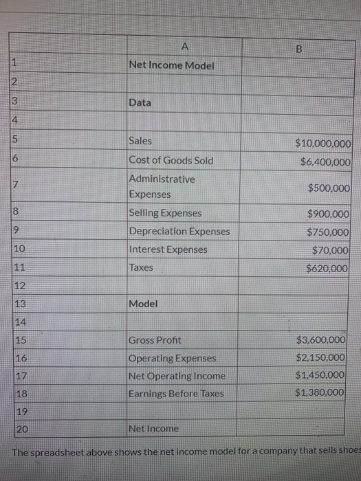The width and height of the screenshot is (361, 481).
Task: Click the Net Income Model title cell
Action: [x=171, y=65]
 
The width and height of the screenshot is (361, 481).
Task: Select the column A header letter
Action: [x=184, y=47]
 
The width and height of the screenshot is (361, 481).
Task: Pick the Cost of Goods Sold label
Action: [x=171, y=161]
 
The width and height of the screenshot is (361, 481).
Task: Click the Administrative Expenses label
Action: [x=162, y=186]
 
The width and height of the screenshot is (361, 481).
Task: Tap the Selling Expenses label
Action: [x=165, y=213]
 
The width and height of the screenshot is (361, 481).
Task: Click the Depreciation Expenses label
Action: [x=179, y=232]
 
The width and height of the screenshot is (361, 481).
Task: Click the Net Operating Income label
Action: [x=177, y=376]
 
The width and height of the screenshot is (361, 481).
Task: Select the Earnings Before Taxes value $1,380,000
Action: [x=319, y=392]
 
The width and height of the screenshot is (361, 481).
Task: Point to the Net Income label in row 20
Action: [x=153, y=428]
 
